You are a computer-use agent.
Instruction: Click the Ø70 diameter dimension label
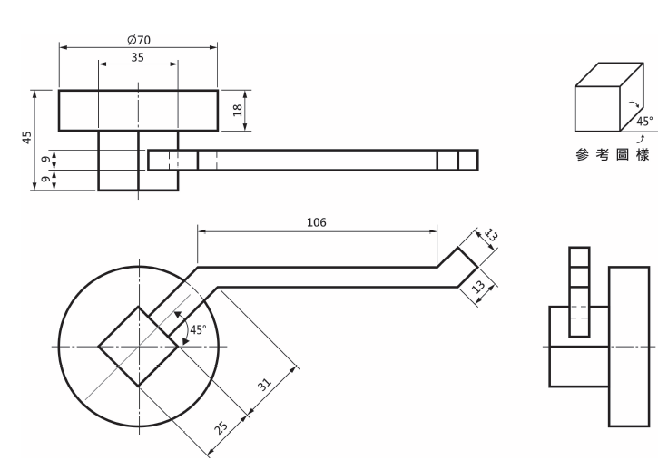click(139, 40)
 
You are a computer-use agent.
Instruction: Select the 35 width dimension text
click(137, 57)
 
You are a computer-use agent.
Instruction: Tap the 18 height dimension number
click(238, 111)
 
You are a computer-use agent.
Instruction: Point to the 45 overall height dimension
click(27, 137)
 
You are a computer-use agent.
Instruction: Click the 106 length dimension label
click(317, 222)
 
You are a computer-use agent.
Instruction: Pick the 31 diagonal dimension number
click(264, 385)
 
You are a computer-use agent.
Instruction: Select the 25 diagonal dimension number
click(221, 427)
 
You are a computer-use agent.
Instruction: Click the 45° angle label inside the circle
click(198, 329)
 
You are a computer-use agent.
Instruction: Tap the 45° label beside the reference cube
click(644, 122)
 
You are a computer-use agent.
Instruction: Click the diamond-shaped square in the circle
click(139, 307)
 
